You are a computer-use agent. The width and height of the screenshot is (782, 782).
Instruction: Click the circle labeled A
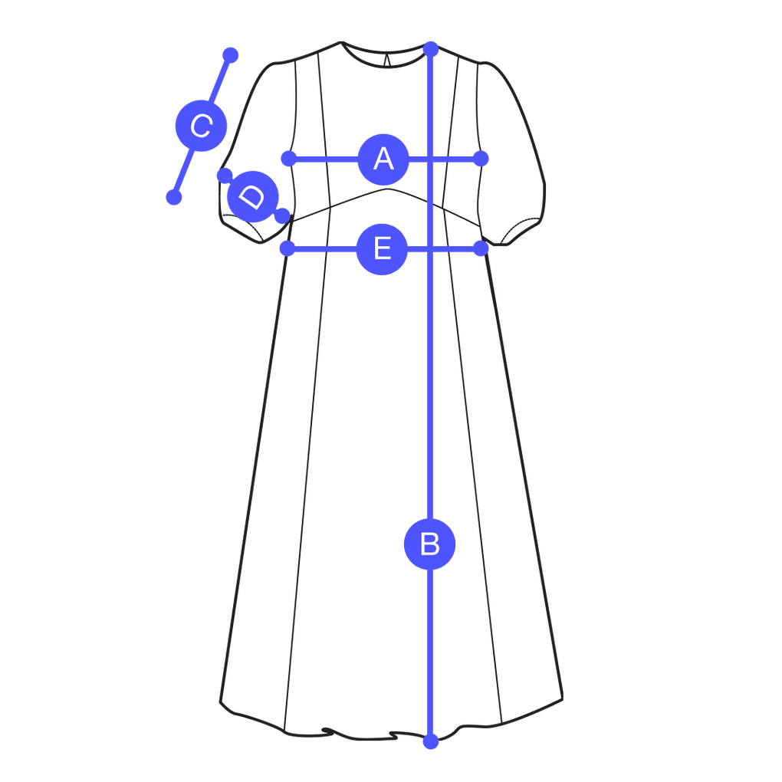pyautogui.click(x=383, y=159)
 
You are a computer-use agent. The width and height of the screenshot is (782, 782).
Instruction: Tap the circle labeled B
pyautogui.click(x=430, y=544)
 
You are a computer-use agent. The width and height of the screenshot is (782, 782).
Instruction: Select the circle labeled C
pyautogui.click(x=201, y=126)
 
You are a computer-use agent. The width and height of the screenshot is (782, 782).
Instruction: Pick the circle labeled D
pyautogui.click(x=251, y=196)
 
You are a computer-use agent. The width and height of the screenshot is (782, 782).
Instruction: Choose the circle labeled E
pyautogui.click(x=382, y=248)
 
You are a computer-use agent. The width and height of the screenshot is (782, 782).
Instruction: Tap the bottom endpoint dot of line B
pyautogui.click(x=431, y=741)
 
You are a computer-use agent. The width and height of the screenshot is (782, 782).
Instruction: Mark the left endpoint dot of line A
pyautogui.click(x=288, y=159)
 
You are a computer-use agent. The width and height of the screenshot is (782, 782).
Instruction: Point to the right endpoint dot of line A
pyautogui.click(x=481, y=159)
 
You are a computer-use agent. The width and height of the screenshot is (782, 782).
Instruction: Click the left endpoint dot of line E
pyautogui.click(x=287, y=248)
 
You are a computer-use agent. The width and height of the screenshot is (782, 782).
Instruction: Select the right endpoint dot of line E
pyautogui.click(x=480, y=248)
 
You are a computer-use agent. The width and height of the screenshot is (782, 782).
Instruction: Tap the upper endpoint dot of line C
pyautogui.click(x=230, y=55)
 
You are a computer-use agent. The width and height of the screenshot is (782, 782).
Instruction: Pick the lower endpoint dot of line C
pyautogui.click(x=174, y=198)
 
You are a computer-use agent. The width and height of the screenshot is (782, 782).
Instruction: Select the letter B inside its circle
pyautogui.click(x=430, y=544)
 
